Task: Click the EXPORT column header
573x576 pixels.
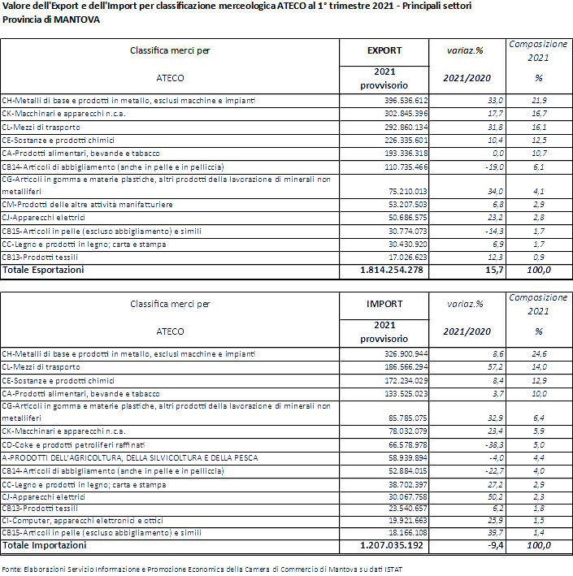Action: click(384, 50)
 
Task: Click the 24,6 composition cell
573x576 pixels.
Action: click(539, 353)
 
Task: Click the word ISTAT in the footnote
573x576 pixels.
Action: click(389, 569)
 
